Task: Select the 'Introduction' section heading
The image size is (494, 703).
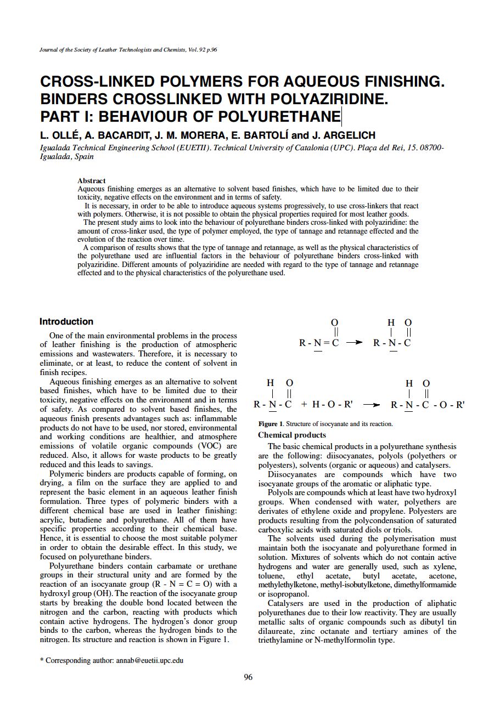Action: (x=66, y=322)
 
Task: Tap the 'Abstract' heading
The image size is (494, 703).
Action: (x=92, y=180)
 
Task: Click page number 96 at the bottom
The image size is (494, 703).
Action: (x=248, y=677)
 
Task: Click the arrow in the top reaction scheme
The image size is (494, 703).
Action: (x=355, y=343)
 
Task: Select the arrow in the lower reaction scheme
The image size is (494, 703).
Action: (x=372, y=405)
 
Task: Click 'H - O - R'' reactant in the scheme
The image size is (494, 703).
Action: (x=332, y=405)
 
